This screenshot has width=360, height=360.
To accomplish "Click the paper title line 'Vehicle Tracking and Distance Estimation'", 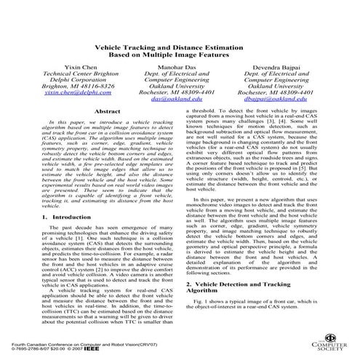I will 180,45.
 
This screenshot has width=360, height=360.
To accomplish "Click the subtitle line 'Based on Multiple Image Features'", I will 180,55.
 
